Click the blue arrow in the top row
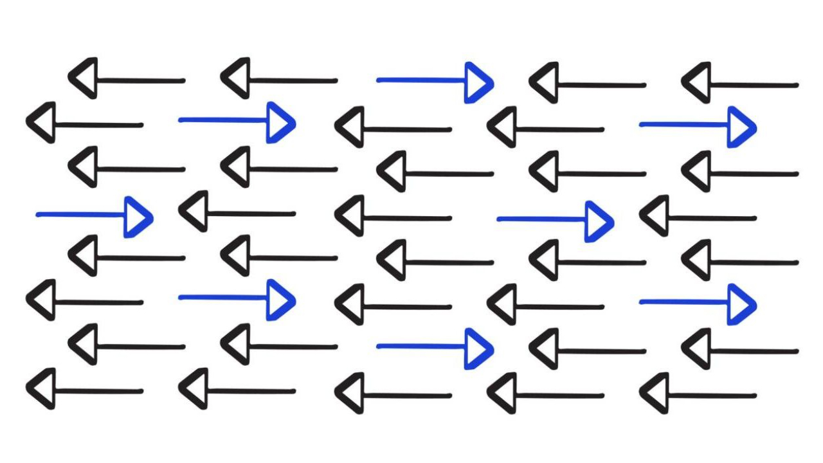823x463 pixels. tap(435, 81)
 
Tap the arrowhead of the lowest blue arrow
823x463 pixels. tap(478, 349)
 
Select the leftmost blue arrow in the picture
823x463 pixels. tap(94, 216)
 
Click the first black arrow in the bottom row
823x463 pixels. tap(84, 390)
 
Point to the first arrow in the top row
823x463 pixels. tap(127, 80)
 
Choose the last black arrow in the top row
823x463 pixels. tap(740, 84)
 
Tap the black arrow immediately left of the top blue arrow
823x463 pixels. tap(279, 80)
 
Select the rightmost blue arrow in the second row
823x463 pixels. tap(698, 126)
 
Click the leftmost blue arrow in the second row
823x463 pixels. tap(237, 121)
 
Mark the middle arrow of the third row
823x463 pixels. tap(435, 172)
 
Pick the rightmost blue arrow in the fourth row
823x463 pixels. tap(555, 221)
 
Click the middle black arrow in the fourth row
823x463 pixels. tap(393, 217)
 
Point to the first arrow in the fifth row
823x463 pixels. tap(127, 257)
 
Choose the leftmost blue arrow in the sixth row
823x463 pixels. tap(237, 298)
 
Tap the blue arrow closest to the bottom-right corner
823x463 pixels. tap(698, 303)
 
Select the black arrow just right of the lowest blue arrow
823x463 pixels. tap(588, 350)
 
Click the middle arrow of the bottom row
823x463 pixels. tap(393, 394)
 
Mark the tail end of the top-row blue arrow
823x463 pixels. tap(379, 80)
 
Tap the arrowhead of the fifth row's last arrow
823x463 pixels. tap(696, 260)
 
